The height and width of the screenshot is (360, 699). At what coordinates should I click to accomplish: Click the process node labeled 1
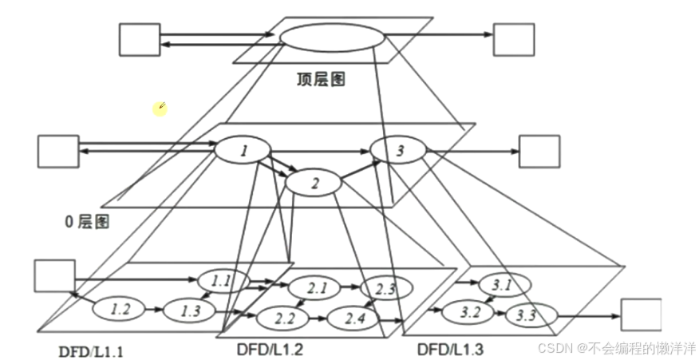click(243, 150)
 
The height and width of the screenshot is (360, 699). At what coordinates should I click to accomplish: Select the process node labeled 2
click(314, 183)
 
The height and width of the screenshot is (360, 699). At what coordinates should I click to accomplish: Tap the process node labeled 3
click(399, 149)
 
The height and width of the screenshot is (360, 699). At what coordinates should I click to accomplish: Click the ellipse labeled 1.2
click(120, 310)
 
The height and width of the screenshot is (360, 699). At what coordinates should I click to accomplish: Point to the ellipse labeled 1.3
click(189, 311)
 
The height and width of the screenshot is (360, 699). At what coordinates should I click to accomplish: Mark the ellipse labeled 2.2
click(282, 319)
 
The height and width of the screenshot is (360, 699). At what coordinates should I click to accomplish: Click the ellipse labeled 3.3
click(525, 315)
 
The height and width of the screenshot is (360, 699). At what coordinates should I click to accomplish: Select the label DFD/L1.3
click(451, 349)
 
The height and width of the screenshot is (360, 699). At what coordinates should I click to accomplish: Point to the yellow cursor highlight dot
click(160, 109)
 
